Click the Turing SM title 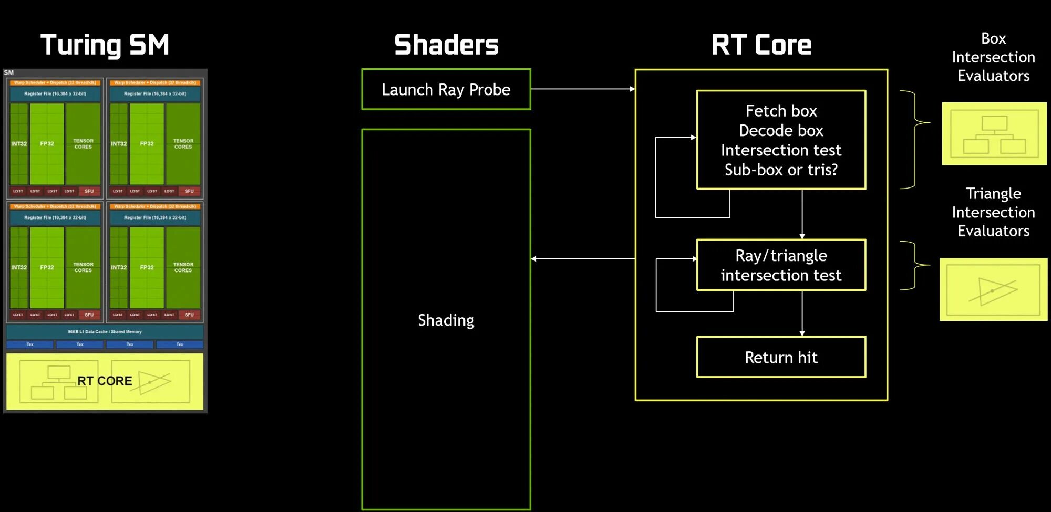click(105, 45)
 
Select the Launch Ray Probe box click(446, 89)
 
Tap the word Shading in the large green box click(446, 320)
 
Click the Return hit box click(781, 357)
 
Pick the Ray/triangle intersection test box click(781, 265)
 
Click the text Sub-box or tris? click(781, 170)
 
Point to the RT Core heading click(761, 45)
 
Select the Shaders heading click(446, 45)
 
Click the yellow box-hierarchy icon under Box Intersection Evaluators click(994, 134)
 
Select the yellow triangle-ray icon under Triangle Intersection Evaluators click(993, 289)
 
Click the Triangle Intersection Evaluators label click(993, 212)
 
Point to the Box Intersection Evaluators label click(993, 57)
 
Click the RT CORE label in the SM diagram click(105, 381)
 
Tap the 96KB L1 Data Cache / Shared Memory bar click(105, 332)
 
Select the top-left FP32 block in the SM click(47, 143)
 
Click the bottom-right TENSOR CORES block click(183, 267)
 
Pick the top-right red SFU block click(189, 191)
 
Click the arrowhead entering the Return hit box click(802, 333)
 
